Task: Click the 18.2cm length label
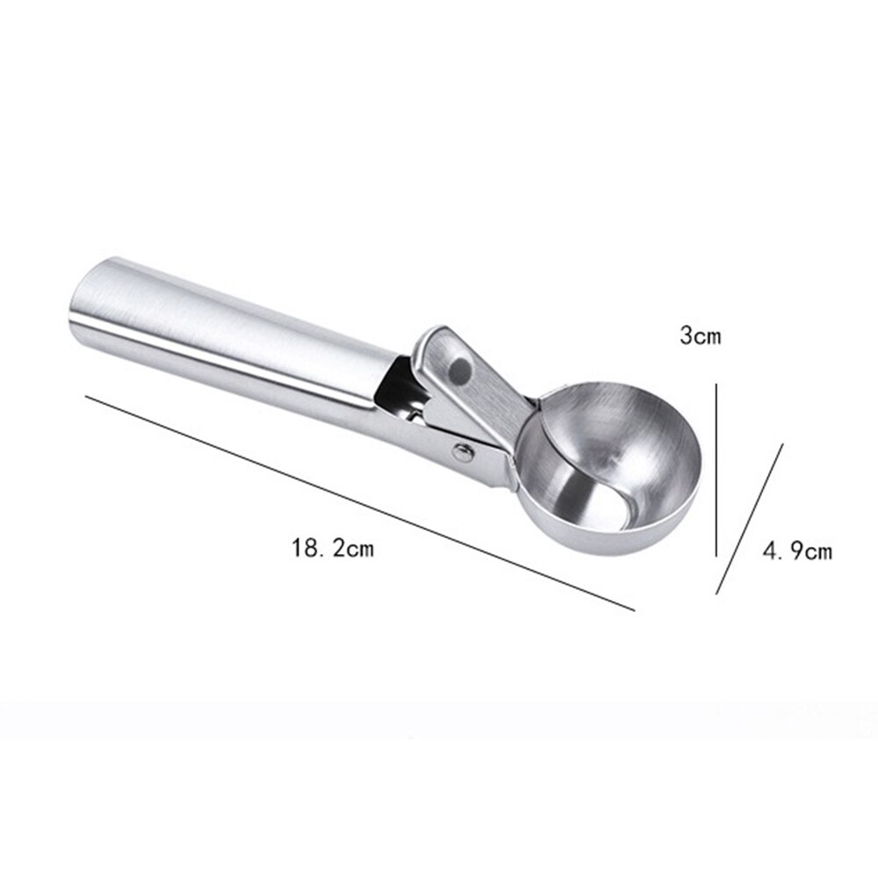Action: tap(333, 551)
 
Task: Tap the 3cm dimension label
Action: tap(700, 335)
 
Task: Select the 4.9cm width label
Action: tap(796, 551)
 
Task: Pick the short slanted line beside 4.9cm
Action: tap(750, 518)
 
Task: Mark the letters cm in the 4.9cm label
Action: tap(817, 552)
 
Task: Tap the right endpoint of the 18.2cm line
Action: tap(634, 608)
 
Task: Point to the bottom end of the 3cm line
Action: tap(718, 555)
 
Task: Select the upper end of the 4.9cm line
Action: tap(782, 443)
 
